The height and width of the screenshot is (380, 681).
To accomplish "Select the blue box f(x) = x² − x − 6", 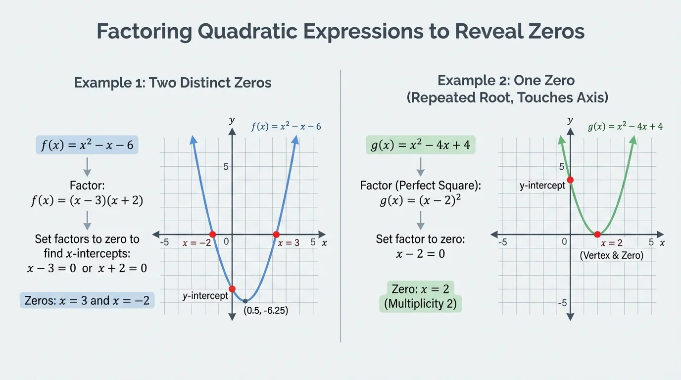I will [87, 145].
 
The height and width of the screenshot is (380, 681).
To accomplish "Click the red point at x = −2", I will [212, 234].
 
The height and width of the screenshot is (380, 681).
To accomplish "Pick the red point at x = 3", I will [276, 234].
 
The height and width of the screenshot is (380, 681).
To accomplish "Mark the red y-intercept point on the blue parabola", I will [232, 289].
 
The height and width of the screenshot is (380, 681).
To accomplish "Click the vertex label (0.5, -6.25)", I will [266, 311].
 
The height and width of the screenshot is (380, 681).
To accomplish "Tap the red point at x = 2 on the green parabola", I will [597, 234].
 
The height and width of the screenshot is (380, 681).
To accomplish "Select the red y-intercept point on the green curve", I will [570, 180].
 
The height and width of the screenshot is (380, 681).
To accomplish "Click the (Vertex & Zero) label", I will [612, 256].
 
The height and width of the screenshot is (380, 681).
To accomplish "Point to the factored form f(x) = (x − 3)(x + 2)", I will [87, 201].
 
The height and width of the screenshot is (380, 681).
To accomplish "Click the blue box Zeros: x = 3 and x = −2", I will [87, 300].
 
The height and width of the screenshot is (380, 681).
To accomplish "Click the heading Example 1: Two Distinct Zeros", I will [173, 82].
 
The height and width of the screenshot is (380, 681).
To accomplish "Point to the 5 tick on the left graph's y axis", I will [226, 166].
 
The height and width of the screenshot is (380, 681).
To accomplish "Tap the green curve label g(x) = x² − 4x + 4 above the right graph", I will [625, 126].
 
